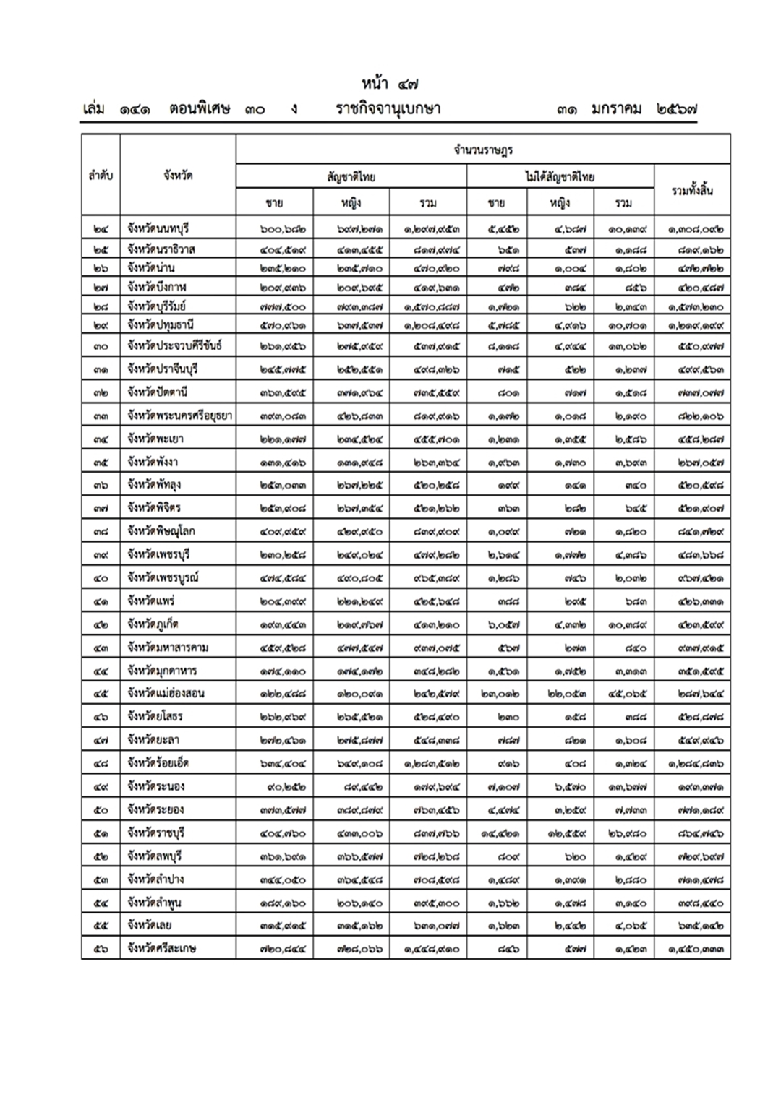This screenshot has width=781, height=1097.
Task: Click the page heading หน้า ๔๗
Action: [x=390, y=85]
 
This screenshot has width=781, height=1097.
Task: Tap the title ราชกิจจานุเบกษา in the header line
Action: [x=388, y=110]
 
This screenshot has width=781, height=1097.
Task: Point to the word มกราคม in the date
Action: [x=616, y=110]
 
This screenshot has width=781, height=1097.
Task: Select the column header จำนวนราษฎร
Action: [x=483, y=150]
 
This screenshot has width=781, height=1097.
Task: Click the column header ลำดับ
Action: [x=101, y=176]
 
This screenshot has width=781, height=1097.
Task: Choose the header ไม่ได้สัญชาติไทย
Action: [x=560, y=176]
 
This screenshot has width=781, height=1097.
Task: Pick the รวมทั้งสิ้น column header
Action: [x=692, y=191]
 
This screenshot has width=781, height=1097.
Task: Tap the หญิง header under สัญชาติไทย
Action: [x=351, y=203]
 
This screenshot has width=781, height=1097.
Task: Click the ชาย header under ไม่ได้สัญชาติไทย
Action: [x=496, y=203]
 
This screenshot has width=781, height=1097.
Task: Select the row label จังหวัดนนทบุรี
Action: [x=158, y=229]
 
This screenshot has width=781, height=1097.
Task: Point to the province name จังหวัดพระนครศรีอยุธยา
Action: [x=179, y=416]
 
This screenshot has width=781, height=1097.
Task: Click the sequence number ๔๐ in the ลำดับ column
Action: [x=101, y=578]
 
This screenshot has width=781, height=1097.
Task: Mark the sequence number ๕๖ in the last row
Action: [x=101, y=949]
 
